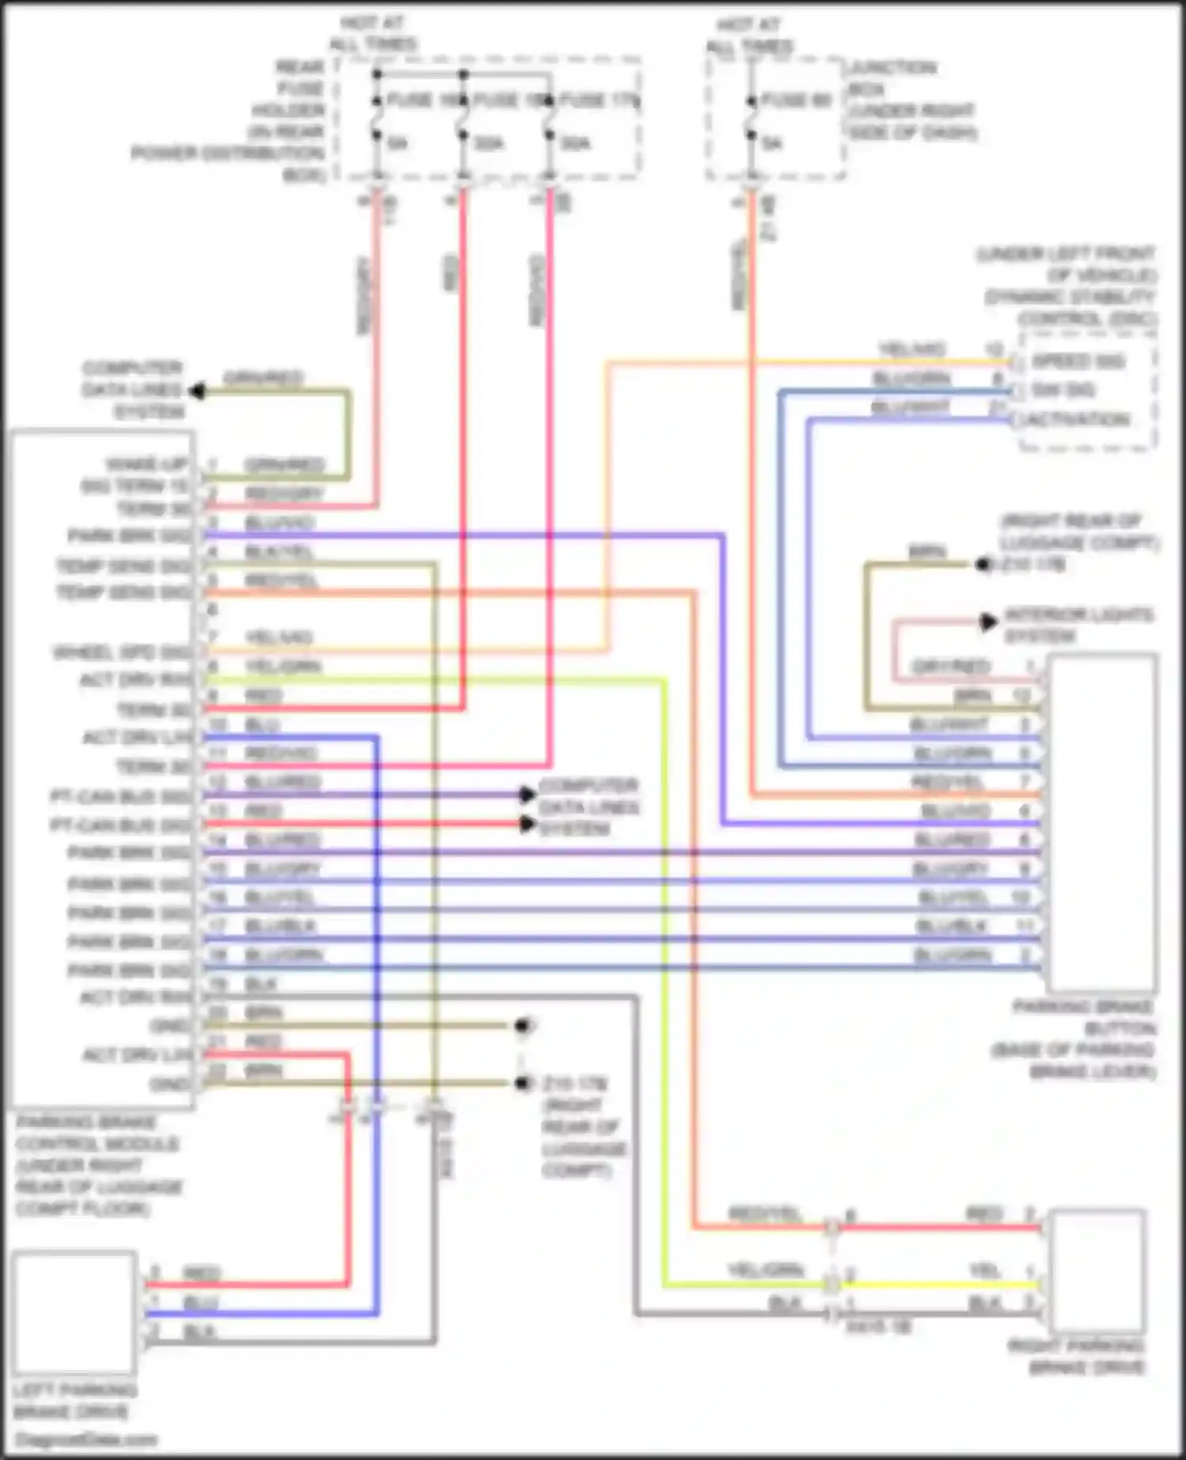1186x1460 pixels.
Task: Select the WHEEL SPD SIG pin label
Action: tap(122, 652)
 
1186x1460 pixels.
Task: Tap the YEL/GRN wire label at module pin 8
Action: tap(282, 667)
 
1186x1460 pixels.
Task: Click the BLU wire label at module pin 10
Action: tap(262, 724)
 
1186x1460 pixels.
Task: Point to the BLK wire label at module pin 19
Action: tap(261, 984)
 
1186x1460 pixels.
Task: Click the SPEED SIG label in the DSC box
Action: tap(1078, 361)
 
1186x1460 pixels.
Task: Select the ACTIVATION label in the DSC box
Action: tap(1078, 419)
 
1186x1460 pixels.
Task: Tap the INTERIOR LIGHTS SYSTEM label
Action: tap(1077, 625)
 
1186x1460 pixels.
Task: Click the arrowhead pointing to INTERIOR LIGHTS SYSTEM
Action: tap(988, 622)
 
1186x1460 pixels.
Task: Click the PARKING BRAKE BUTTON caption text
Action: tap(1083, 1038)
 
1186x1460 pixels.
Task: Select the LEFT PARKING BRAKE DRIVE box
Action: tap(74, 1312)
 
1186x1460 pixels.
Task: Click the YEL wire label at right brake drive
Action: tap(985, 1271)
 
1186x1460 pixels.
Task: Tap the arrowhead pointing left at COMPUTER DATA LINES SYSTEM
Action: tap(198, 391)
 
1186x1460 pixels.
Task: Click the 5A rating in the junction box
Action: tap(772, 143)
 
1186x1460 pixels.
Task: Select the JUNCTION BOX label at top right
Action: tap(911, 100)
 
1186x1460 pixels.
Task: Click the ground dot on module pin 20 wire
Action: tap(522, 1026)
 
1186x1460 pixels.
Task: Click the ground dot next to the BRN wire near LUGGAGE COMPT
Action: tap(982, 564)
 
